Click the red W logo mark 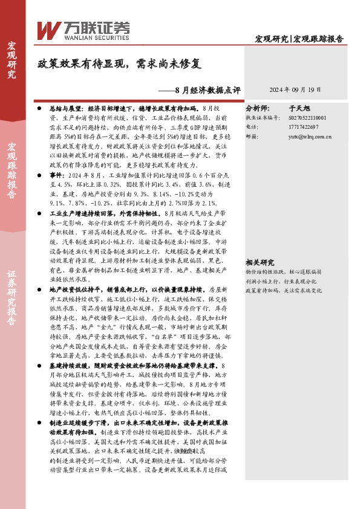(x=48, y=29)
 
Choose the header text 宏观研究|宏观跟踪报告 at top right (x=299, y=38)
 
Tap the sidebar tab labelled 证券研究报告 (x=11, y=293)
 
